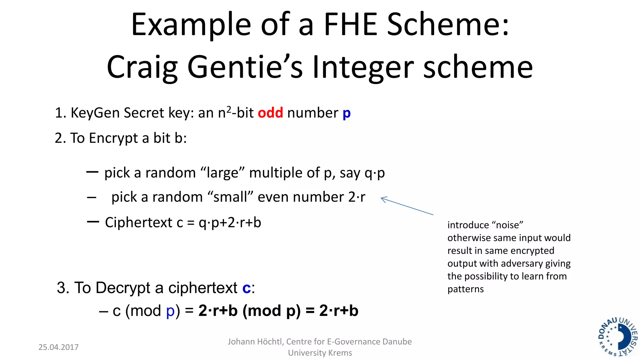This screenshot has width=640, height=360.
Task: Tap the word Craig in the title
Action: tap(142, 67)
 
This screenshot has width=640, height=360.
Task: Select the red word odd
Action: tap(270, 113)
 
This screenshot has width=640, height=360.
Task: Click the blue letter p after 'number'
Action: tap(347, 113)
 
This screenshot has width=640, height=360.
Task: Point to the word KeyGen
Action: tap(95, 113)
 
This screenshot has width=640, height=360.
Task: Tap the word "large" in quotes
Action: tap(222, 173)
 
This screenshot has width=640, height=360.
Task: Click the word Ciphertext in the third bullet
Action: tap(138, 222)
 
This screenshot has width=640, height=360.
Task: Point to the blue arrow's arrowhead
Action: tap(382, 199)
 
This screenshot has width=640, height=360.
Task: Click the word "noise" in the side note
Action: tap(507, 225)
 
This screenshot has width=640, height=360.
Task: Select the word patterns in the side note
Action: tap(465, 289)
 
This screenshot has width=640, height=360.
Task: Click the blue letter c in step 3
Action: tap(246, 288)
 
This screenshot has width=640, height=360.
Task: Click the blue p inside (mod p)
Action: tap(170, 311)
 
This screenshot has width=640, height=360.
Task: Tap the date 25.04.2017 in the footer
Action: tap(58, 347)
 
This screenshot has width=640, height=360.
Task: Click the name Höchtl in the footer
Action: tap(270, 342)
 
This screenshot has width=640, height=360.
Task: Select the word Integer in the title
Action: tap(363, 67)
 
